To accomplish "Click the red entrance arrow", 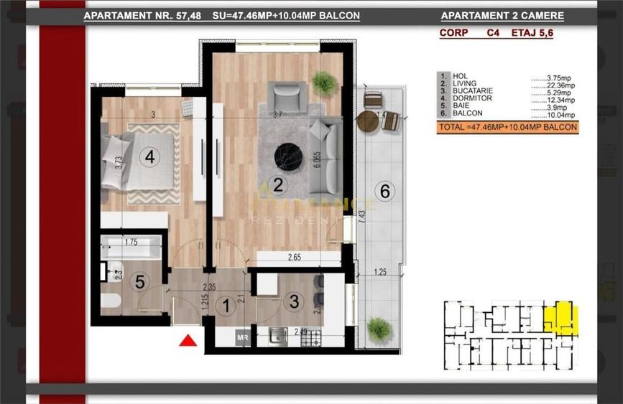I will (188, 341).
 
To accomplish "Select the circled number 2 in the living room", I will (280, 184).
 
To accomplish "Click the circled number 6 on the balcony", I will (385, 191).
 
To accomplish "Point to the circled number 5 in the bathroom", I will (140, 282).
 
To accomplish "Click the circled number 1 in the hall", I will (225, 306).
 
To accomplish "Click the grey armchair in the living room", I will (287, 95).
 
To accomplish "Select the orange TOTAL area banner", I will (507, 127).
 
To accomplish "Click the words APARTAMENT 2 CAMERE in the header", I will (502, 16).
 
